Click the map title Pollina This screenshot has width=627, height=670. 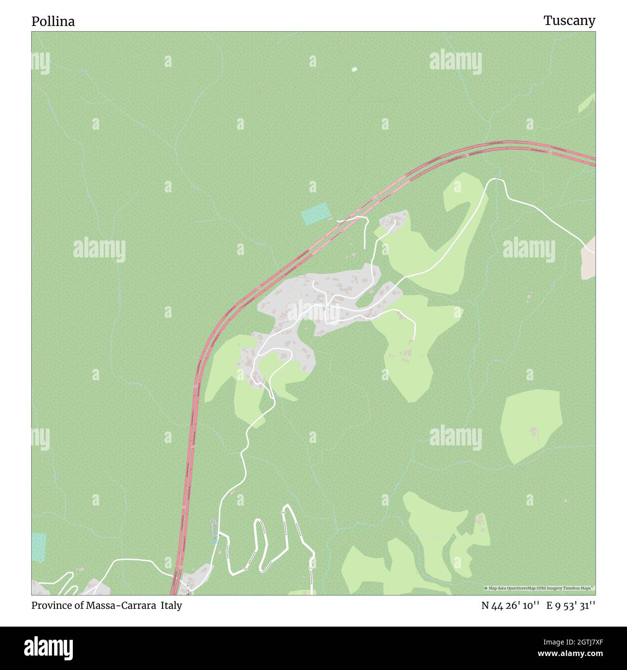(x=53, y=22)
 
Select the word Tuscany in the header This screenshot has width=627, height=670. (x=569, y=21)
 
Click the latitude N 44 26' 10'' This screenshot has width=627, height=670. (x=510, y=606)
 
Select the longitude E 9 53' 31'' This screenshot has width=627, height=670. (x=571, y=606)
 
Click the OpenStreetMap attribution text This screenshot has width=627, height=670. (x=539, y=588)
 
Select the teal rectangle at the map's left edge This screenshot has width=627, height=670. (x=39, y=547)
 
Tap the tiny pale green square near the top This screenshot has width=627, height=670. (x=354, y=69)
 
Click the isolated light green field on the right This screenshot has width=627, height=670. (x=531, y=427)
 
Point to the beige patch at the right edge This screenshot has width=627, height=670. (x=588, y=258)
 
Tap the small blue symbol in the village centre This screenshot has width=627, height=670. (x=326, y=307)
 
